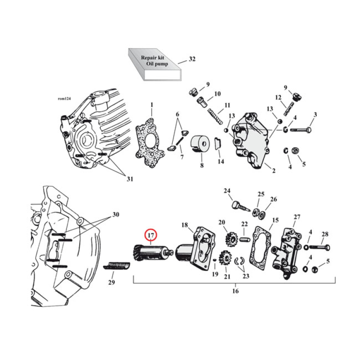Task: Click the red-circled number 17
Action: [x=151, y=235]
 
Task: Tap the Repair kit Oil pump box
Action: [x=153, y=64]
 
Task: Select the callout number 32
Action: [x=193, y=59]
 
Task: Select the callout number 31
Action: [x=130, y=179]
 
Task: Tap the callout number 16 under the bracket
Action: [x=235, y=291]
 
